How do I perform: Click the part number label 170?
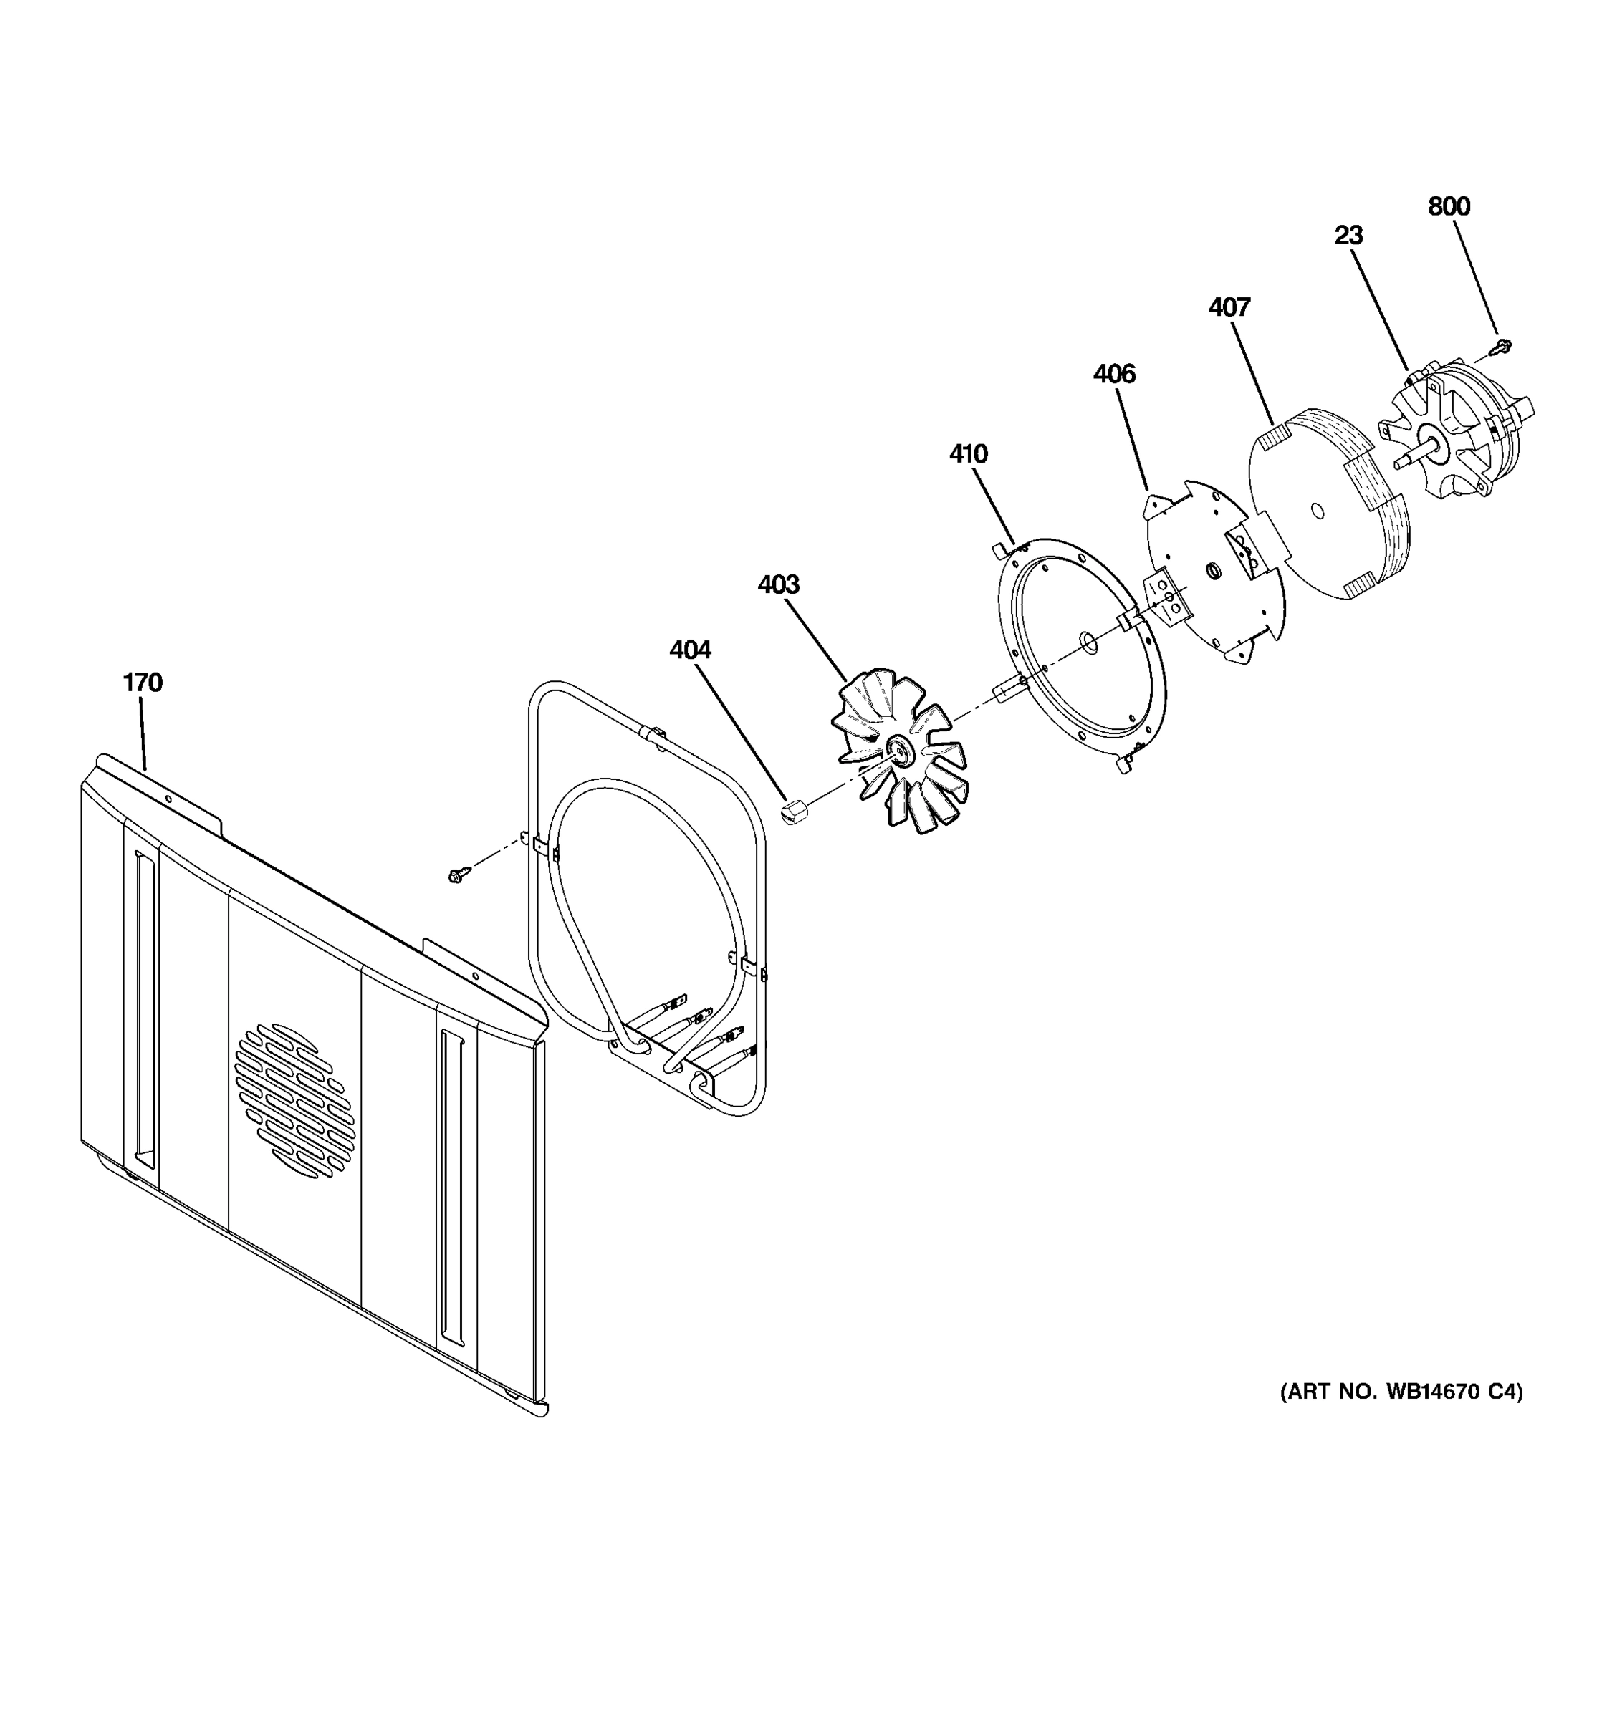click(143, 683)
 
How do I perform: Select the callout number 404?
click(690, 650)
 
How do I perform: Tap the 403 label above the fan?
click(778, 584)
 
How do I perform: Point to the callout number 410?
click(968, 453)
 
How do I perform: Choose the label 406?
click(1114, 374)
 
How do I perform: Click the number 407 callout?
click(1229, 307)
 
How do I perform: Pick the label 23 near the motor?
click(1348, 235)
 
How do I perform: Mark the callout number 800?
click(1449, 207)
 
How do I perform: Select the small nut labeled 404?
click(792, 812)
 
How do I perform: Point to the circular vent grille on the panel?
click(294, 1100)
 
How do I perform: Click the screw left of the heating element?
click(456, 876)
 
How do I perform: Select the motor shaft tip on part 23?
click(1399, 464)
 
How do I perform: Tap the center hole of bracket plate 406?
click(1212, 569)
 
